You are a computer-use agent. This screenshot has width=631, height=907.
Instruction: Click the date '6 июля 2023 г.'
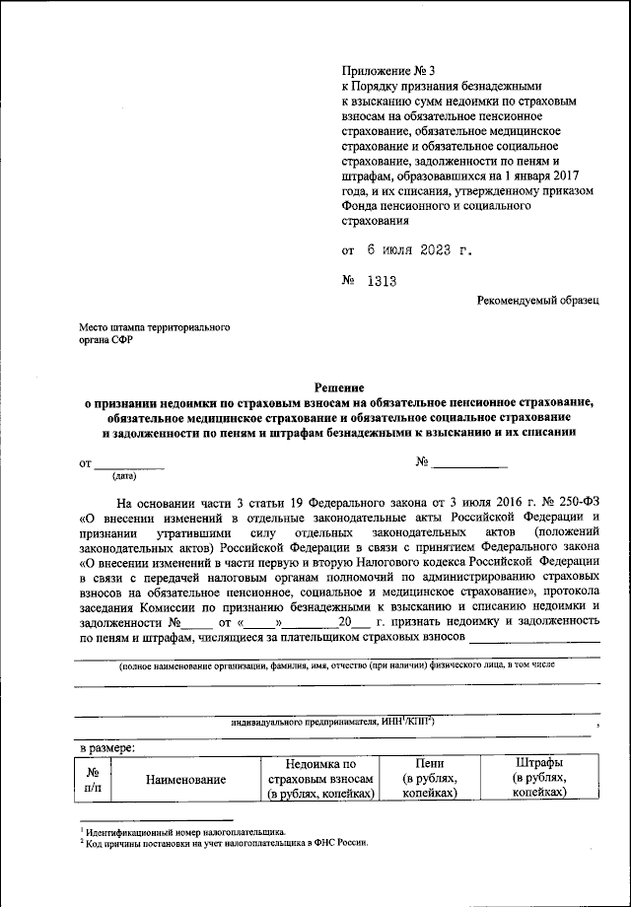pos(414,249)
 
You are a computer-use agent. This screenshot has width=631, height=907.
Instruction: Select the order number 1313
pos(381,281)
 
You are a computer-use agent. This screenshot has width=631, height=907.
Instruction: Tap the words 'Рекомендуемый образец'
pos(537,300)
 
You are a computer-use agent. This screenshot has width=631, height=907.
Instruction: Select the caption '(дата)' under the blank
pos(124,476)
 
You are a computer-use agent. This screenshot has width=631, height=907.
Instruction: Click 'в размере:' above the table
pos(107,749)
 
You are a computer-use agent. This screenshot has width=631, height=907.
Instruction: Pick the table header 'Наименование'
pos(186,780)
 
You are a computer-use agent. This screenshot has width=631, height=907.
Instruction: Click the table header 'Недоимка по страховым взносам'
pos(320,779)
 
